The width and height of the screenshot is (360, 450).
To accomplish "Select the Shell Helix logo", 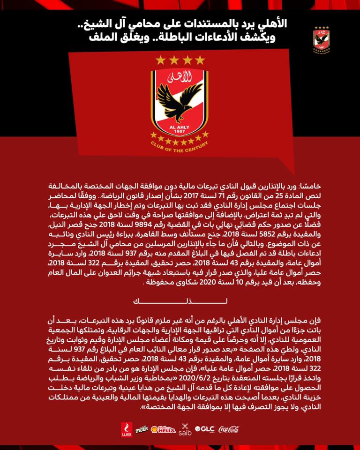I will tap(163, 428).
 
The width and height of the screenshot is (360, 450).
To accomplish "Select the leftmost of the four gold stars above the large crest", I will tap(161, 60).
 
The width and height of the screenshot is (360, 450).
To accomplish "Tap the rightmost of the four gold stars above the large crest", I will tap(200, 60).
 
